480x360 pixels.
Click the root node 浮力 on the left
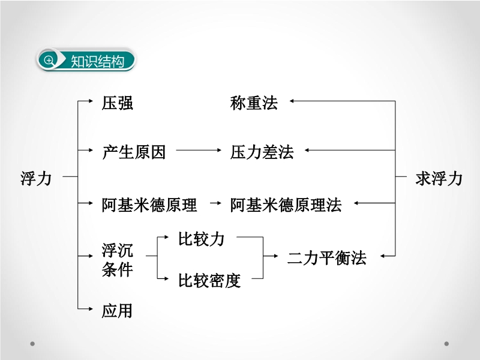36,178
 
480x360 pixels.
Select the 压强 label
118,103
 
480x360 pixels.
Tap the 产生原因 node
133,152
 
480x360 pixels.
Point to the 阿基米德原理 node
149,205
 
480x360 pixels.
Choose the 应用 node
117,310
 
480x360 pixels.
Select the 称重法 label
254,103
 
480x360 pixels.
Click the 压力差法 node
262,152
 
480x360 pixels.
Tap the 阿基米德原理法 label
286,205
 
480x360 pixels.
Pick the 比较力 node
201,239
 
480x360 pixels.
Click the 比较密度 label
209,280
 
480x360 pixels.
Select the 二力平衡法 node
326,258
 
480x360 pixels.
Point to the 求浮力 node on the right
439,178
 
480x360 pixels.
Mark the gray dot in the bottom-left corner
33,344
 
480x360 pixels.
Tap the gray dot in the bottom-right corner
446,344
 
